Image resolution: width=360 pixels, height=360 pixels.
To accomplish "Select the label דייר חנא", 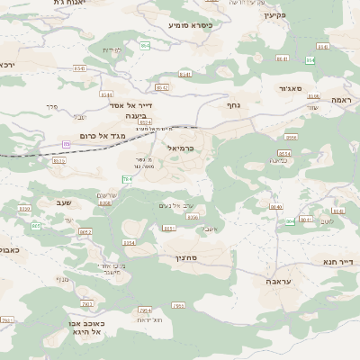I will click(x=338, y=262).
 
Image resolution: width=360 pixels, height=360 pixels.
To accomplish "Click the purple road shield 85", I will click(x=66, y=144).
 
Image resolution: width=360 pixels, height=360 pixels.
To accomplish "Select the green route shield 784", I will click(x=128, y=180).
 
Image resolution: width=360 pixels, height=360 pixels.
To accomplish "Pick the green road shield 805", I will click(x=36, y=226).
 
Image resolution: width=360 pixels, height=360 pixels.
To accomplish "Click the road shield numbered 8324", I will click(x=145, y=121).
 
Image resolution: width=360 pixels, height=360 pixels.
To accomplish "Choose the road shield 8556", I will click(x=291, y=137).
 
